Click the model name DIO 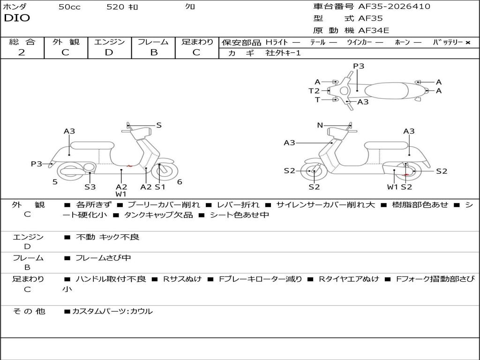coord(17,18)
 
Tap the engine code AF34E coord(374,30)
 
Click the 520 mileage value coord(115,7)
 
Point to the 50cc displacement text coord(69,7)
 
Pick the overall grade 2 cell coord(22,52)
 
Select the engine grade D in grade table coord(109,52)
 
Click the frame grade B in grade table coord(153,52)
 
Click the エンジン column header coord(109,42)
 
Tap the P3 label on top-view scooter coord(359,66)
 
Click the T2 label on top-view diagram coord(314,91)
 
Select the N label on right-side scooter coord(320,125)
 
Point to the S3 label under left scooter coord(90,187)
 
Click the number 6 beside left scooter coord(180,182)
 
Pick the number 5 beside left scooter coord(55,182)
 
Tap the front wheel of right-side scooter coord(314,172)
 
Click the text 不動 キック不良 coord(107,237)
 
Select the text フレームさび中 coord(103,258)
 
